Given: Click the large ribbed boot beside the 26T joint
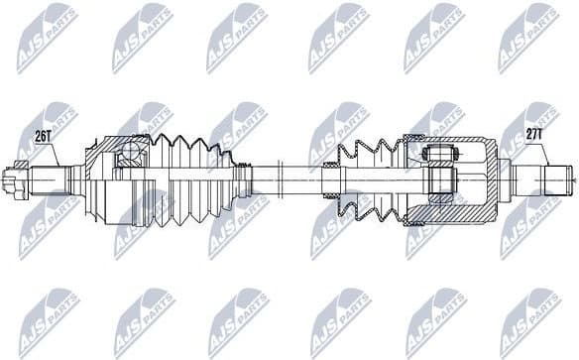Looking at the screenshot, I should [188, 179].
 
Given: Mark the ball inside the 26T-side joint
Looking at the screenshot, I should [128, 154].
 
